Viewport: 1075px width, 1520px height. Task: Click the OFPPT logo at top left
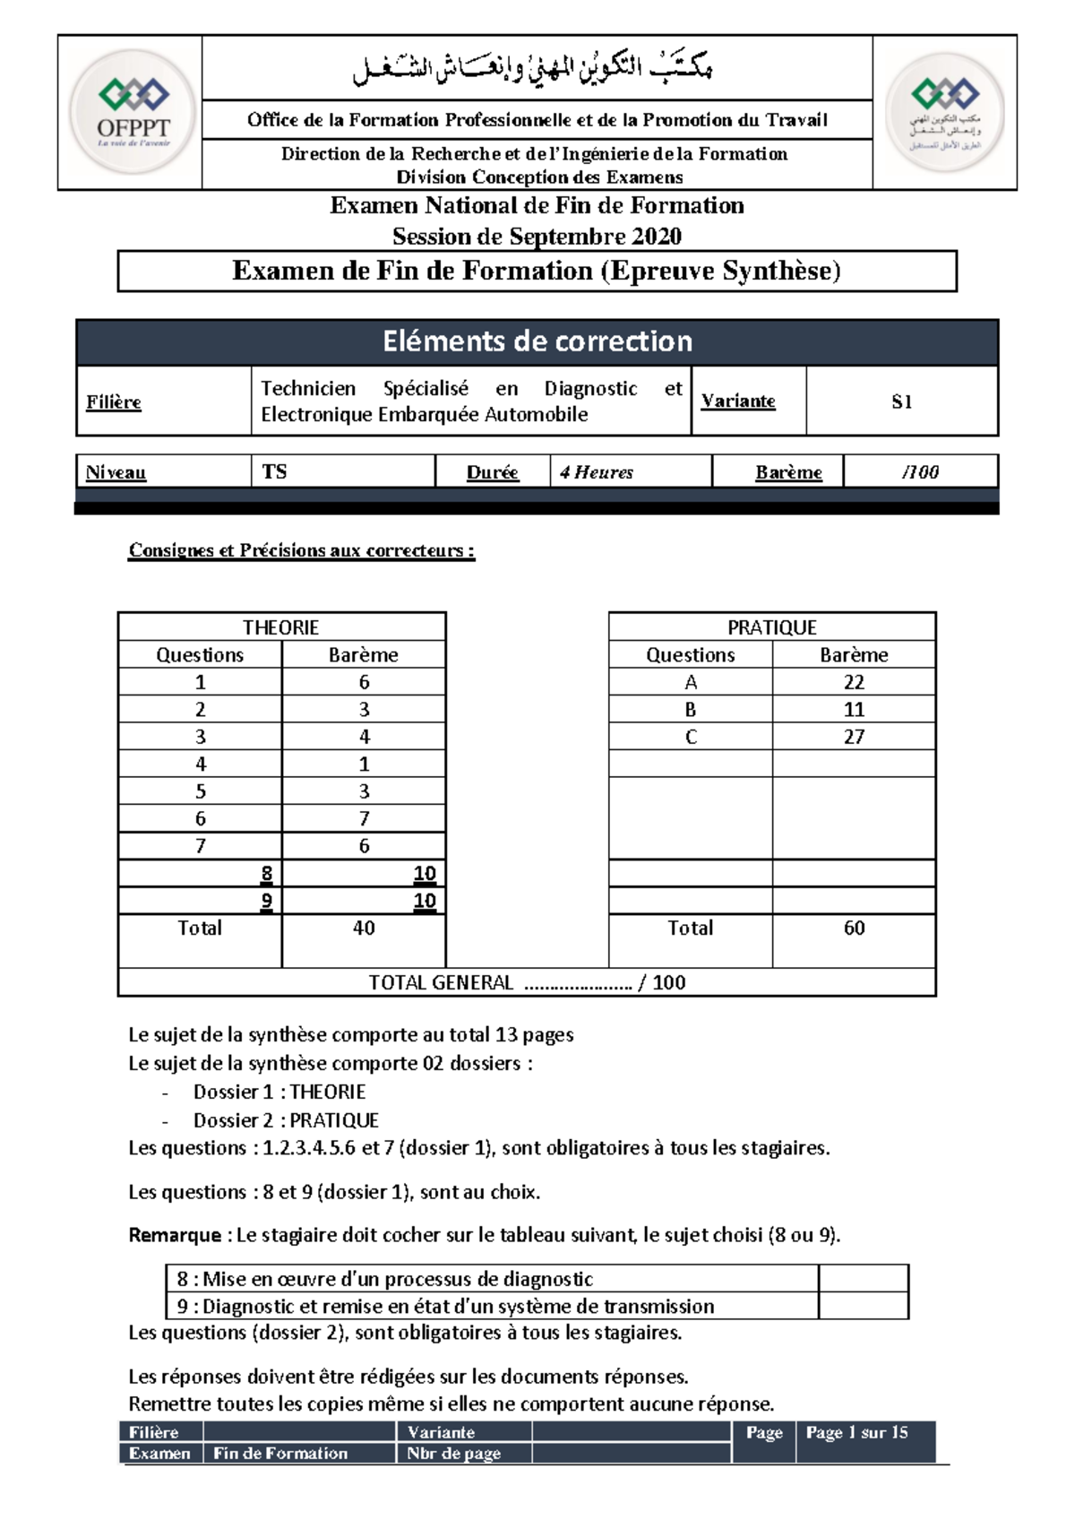pos(133,112)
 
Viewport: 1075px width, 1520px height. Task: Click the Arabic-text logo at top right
pos(945,112)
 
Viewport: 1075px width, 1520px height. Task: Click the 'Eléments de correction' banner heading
pos(537,341)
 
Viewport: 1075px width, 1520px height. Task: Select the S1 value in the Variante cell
pos(901,402)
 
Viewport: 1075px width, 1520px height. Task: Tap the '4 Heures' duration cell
pos(597,472)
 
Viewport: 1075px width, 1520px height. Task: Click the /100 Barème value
pos(920,472)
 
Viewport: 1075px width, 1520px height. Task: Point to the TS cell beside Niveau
pos(275,471)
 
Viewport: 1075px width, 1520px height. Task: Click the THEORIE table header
pos(281,627)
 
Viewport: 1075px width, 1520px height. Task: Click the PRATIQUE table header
pos(771,627)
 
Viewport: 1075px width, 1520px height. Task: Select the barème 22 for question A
pos(854,682)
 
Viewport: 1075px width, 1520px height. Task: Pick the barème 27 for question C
pos(854,737)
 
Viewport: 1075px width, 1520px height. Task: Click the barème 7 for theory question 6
pos(364,818)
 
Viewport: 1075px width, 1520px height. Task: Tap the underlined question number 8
pos(266,874)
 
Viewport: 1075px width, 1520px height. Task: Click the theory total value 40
pos(364,928)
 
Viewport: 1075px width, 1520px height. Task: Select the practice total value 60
pos(854,928)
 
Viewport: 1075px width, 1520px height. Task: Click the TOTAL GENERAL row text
pos(527,983)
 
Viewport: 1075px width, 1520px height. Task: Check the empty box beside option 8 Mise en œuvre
pos(863,1279)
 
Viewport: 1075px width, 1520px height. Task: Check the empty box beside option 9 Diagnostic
pos(863,1306)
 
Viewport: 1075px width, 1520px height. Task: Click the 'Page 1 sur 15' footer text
pos(856,1432)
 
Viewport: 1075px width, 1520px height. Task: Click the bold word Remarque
pos(175,1235)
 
